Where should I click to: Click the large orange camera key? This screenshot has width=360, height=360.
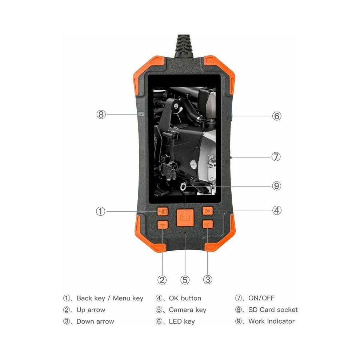[x=185, y=217]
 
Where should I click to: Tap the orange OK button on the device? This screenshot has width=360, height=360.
[x=208, y=211]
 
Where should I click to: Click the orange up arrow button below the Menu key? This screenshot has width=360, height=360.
[x=163, y=225]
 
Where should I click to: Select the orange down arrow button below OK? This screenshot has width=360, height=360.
[x=208, y=224]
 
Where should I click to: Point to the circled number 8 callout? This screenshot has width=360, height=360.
[x=101, y=114]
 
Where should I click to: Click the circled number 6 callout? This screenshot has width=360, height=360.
[x=277, y=116]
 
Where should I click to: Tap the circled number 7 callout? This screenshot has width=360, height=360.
[x=276, y=157]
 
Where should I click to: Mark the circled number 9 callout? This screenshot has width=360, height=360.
[x=276, y=186]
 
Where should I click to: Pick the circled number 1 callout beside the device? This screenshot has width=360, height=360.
[x=101, y=211]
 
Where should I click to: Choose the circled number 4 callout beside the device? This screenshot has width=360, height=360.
[x=277, y=210]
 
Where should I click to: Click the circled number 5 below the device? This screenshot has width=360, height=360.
[x=185, y=280]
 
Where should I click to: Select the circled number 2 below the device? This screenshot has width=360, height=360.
[x=162, y=280]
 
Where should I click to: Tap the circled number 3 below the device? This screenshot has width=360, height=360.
[x=208, y=279]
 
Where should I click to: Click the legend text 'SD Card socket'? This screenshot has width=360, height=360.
[x=273, y=310]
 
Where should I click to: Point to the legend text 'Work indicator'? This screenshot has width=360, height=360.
[x=272, y=321]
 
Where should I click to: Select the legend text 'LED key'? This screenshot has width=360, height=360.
[x=182, y=321]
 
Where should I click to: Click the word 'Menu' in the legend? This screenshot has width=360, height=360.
[x=121, y=298]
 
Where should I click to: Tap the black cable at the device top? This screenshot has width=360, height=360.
[x=184, y=46]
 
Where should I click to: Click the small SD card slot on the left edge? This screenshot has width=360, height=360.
[x=141, y=114]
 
